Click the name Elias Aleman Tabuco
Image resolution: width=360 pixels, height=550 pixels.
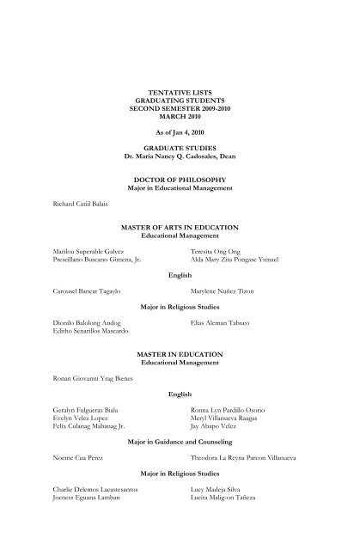tap(224, 323)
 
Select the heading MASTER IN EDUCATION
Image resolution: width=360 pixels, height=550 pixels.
tap(180, 354)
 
